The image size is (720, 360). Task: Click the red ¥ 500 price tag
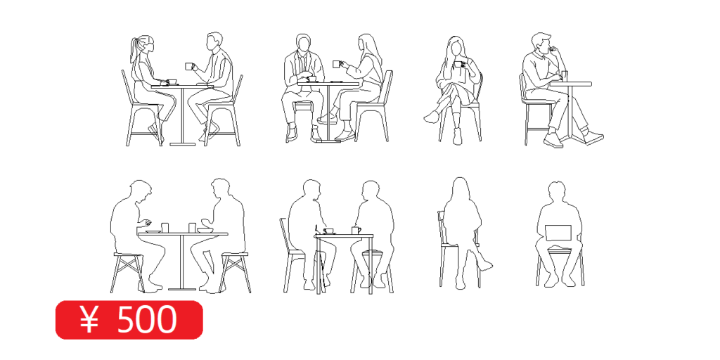[129, 320]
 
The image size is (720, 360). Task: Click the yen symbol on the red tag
[89, 320]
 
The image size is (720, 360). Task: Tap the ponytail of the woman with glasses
[134, 50]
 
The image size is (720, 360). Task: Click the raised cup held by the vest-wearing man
[189, 66]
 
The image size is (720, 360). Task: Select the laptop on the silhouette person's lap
[558, 233]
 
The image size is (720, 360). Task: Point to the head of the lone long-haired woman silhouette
[461, 188]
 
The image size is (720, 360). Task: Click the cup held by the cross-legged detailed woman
[458, 65]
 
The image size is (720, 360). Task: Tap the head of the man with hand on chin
[542, 43]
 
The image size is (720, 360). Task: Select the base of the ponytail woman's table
[182, 144]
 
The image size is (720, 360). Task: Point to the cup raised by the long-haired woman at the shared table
[337, 64]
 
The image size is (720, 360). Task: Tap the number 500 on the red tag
[147, 320]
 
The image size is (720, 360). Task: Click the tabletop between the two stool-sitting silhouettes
[183, 234]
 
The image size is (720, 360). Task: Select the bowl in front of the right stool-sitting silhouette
[205, 230]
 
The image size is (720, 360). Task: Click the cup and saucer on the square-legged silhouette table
[328, 231]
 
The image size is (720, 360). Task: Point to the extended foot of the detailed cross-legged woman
[431, 117]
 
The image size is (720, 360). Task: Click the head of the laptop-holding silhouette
[557, 192]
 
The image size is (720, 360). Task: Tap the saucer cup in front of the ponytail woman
[172, 82]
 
